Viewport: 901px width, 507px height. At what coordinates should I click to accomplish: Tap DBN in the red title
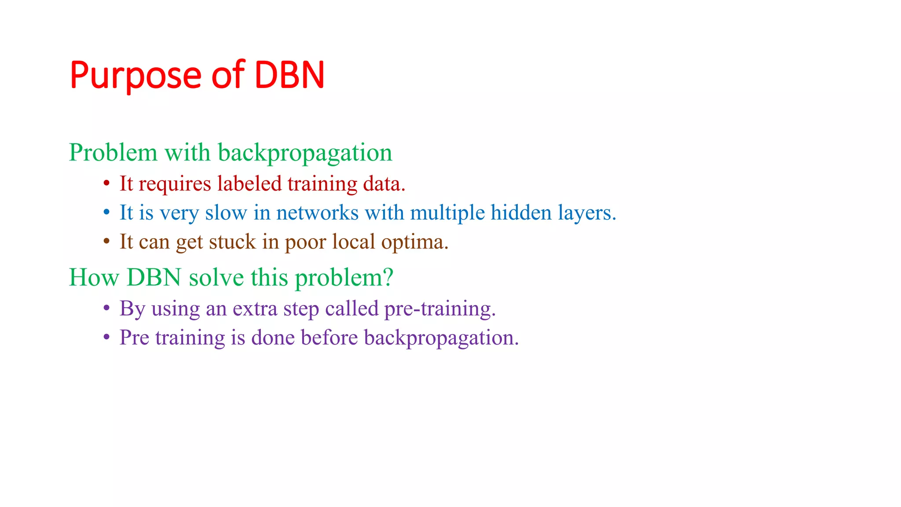pyautogui.click(x=289, y=75)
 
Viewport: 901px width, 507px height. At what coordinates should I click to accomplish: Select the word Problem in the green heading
pyautogui.click(x=113, y=153)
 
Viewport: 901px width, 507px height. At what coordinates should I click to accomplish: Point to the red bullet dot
pyautogui.click(x=106, y=184)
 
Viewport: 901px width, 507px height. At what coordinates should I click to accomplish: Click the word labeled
pyautogui.click(x=249, y=184)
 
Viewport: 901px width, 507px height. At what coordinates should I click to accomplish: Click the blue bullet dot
pyautogui.click(x=106, y=213)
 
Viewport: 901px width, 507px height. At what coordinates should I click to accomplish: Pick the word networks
pyautogui.click(x=317, y=213)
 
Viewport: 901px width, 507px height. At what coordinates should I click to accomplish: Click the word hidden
pyautogui.click(x=521, y=213)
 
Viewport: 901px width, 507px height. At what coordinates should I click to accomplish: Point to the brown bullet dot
pyautogui.click(x=106, y=242)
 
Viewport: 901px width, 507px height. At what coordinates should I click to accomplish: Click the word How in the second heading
pyautogui.click(x=94, y=278)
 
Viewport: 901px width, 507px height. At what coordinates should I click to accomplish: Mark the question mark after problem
pyautogui.click(x=388, y=278)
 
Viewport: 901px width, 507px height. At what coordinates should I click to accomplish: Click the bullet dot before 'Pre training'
pyautogui.click(x=106, y=338)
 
